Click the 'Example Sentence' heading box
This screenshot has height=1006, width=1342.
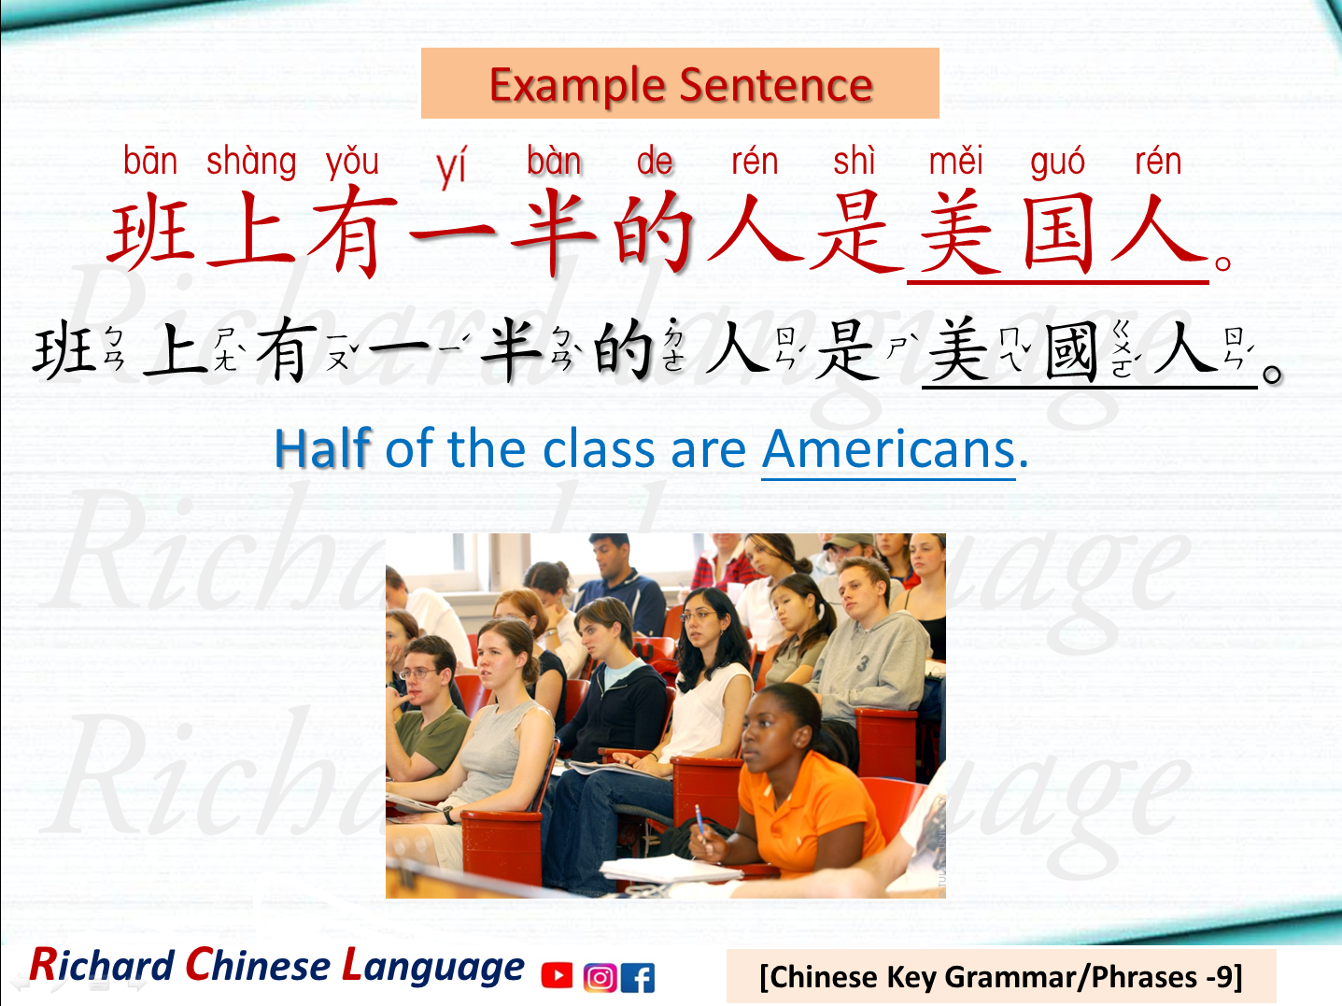680,84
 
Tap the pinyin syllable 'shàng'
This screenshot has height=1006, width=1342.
251,163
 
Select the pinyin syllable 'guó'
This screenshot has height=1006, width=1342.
1057,163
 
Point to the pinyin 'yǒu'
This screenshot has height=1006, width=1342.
352,163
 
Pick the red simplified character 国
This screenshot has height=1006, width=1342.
1057,234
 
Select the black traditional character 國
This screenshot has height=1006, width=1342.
1070,351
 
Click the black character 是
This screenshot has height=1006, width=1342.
846,351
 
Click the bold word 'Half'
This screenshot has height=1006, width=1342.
322,449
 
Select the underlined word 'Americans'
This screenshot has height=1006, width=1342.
888,449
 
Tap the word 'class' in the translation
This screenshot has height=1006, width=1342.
599,449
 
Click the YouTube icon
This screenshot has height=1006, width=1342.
557,976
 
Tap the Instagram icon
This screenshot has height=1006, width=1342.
600,977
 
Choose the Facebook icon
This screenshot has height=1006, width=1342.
638,977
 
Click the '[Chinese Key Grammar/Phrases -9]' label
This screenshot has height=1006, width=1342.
1000,977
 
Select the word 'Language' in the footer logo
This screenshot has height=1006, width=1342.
433,966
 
